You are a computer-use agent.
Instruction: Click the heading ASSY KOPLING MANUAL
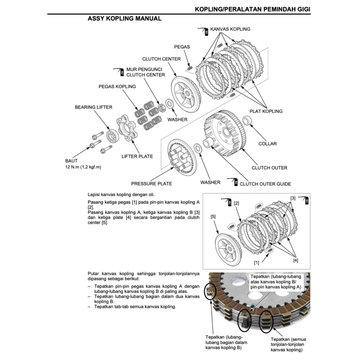(124, 19)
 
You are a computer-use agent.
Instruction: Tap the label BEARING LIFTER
(94, 107)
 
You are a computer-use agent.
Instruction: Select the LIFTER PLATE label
(137, 156)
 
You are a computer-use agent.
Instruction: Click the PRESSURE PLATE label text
(152, 184)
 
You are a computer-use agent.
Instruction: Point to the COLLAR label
(268, 143)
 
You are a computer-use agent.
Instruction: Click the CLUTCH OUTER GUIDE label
(265, 184)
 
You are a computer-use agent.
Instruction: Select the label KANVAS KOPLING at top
(230, 29)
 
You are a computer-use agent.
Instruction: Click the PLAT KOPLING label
(266, 111)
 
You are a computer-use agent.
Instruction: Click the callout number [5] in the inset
(213, 217)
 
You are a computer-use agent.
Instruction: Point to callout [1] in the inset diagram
(257, 262)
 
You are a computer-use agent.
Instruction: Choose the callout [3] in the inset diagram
(293, 198)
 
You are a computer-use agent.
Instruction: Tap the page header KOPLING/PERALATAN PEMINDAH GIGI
(252, 9)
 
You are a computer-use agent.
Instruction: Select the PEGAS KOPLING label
(117, 86)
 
